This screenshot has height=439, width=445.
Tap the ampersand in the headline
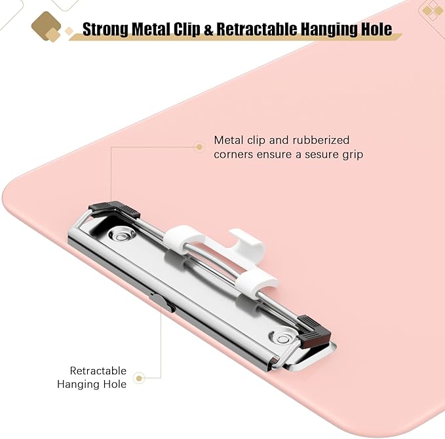click(208, 29)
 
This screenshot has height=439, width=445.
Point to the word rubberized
click(320, 140)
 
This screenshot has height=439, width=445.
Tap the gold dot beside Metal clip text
click(199, 147)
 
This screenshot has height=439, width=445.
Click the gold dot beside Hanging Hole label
click(139, 378)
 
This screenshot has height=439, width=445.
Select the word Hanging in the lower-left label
click(78, 385)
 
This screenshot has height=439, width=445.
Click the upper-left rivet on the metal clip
click(121, 234)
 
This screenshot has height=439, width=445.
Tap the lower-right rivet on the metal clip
click(282, 338)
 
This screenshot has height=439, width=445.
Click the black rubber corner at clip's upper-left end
click(114, 209)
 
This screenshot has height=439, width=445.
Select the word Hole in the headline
click(377, 29)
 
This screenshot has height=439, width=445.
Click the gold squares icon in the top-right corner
click(432, 11)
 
